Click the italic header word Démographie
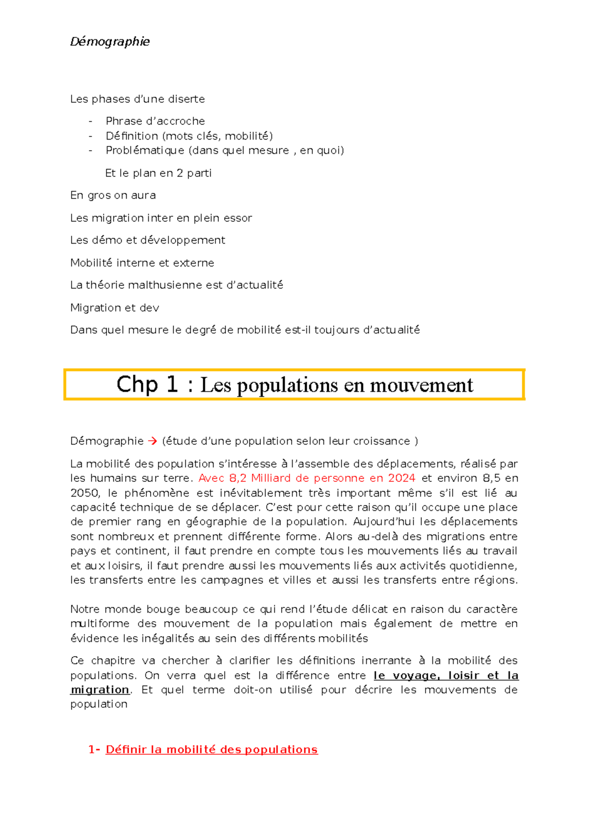click(110, 42)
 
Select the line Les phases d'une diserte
click(137, 99)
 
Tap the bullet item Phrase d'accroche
click(155, 121)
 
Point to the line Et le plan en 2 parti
click(158, 173)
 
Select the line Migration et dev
click(114, 308)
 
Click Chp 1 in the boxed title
click(147, 385)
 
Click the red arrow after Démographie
click(152, 441)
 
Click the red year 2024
click(402, 478)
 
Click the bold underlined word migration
click(100, 690)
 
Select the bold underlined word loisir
click(463, 675)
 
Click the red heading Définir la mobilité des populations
click(212, 750)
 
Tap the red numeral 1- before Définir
click(94, 750)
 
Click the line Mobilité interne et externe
click(142, 263)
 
